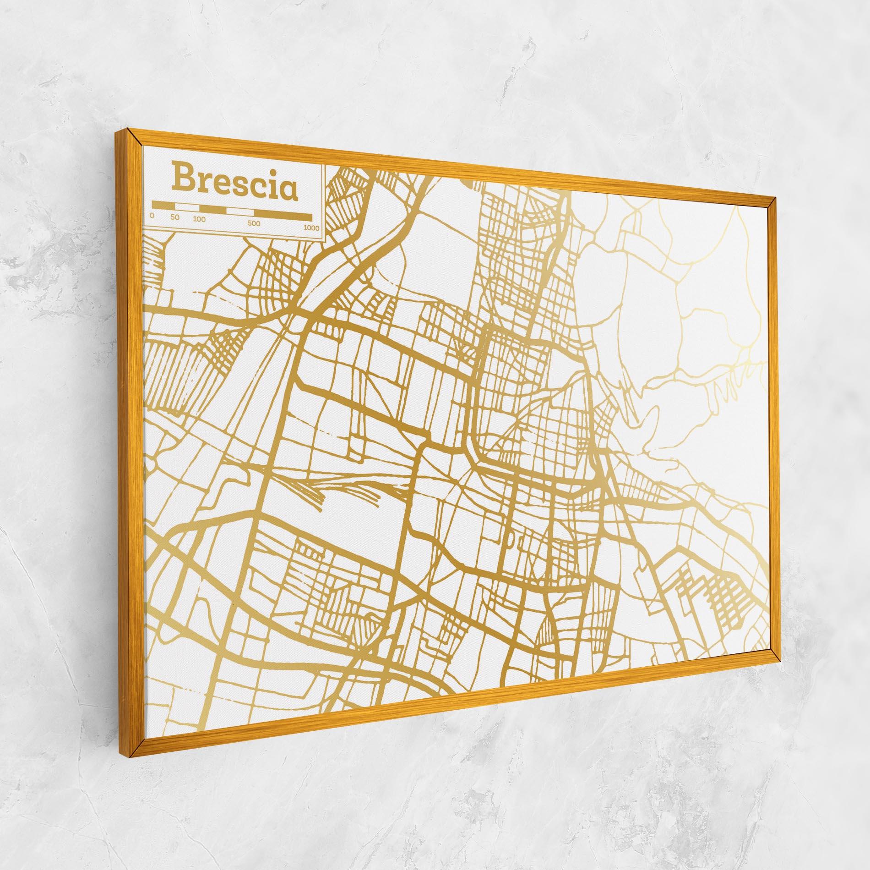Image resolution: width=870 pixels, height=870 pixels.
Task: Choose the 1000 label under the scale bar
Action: click(x=311, y=228)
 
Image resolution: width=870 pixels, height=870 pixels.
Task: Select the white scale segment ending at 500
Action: click(x=240, y=212)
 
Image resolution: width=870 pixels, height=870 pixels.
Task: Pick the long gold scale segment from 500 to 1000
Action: click(x=283, y=215)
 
